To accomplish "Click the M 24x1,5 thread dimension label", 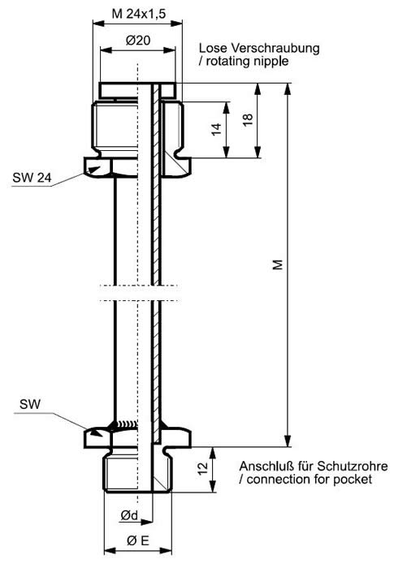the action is pos(139,14).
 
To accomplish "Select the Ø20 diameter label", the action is pos(138,41).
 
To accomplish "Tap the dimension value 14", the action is pos(216,129).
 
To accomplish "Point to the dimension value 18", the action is pos(248,119).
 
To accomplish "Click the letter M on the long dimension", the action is pos(278,265).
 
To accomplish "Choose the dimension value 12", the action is pos(203,467).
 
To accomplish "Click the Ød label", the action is pos(129,515).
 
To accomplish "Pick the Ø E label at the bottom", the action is pos(138,541).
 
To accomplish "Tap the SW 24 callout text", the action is pos(32,178).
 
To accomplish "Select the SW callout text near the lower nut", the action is pos(30,404).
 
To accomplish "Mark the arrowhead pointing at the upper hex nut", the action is pos(94,170).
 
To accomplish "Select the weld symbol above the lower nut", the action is pos(126,424).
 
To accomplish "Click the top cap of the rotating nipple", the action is pos(137,90).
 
